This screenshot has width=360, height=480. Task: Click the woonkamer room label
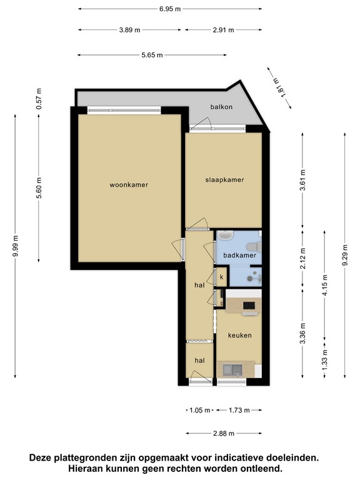tap(129, 184)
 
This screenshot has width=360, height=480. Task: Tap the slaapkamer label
tap(224, 180)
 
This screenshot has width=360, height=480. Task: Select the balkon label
tap(221, 107)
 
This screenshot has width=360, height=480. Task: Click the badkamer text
tap(239, 255)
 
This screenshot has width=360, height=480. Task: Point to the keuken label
tap(240, 335)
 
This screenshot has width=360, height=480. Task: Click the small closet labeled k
tap(222, 277)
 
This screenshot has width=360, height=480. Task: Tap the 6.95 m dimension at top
tap(170, 9)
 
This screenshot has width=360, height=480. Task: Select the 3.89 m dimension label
tap(130, 30)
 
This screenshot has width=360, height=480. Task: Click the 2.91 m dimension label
tap(224, 30)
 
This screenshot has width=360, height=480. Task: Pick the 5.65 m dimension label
tap(152, 55)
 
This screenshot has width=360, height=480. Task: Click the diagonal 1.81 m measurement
tap(279, 87)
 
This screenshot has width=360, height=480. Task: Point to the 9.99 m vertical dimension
tap(16, 246)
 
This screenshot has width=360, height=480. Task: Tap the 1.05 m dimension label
tap(200, 410)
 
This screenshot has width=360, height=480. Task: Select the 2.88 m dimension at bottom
tap(224, 433)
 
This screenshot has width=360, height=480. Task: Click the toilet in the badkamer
tap(255, 247)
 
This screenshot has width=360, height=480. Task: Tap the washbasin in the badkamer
tap(225, 236)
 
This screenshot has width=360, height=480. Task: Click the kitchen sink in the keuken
tap(232, 370)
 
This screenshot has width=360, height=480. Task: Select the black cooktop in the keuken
tap(249, 305)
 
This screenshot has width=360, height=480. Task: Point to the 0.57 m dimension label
tap(39, 99)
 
